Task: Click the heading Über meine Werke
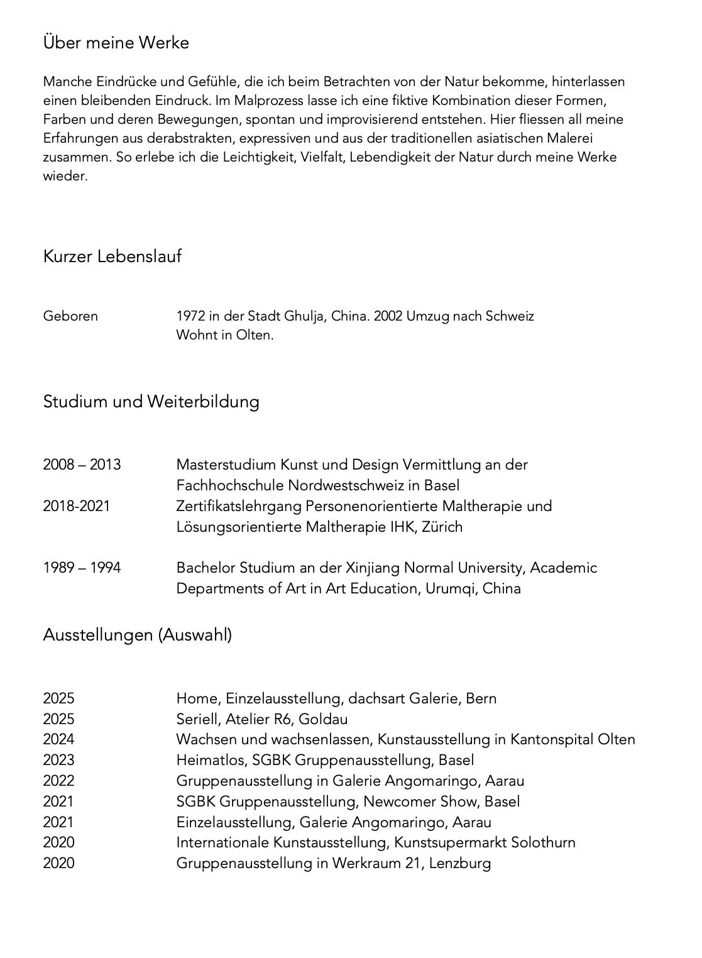click(x=116, y=43)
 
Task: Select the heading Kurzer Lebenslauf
click(x=112, y=256)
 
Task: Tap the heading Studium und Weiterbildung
click(x=151, y=401)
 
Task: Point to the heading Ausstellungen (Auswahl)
click(x=137, y=635)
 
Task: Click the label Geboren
click(x=70, y=316)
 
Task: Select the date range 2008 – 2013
click(x=82, y=465)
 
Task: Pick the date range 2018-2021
click(x=76, y=506)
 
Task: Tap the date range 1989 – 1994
click(x=82, y=568)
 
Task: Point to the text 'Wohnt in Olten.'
click(x=225, y=335)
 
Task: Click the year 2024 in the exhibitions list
click(x=58, y=740)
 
